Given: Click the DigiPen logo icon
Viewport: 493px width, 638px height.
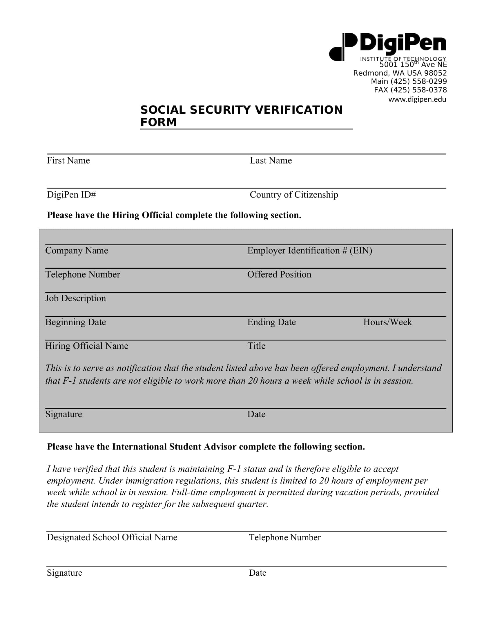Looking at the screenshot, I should [343, 47].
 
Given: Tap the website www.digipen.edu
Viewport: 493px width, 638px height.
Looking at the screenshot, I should [417, 99].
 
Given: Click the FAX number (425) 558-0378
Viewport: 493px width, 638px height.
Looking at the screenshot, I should [410, 90].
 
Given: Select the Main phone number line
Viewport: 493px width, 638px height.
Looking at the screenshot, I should [409, 81].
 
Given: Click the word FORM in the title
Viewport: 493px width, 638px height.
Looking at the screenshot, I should [159, 122].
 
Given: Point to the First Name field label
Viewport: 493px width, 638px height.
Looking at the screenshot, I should [68, 160].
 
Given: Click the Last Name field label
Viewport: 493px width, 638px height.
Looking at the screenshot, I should [271, 160].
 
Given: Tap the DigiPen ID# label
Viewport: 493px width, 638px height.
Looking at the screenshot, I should [71, 195].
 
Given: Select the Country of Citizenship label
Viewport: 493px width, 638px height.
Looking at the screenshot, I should [294, 195].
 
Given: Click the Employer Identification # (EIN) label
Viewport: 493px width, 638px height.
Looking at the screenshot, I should [310, 250].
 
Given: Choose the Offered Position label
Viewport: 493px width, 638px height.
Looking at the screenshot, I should [279, 274].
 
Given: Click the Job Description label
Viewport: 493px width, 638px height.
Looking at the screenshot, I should [75, 298].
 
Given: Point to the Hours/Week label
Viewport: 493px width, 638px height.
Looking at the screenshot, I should [387, 322].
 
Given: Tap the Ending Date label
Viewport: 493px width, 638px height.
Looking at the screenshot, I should [272, 322].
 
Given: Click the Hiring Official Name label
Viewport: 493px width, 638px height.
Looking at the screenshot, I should [87, 346].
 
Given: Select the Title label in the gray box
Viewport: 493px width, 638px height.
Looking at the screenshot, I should [256, 346].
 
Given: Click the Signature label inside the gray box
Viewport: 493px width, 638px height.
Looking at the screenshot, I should [64, 414].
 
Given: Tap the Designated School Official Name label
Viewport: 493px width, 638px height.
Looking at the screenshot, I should [112, 537].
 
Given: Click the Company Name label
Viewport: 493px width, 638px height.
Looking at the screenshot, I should [77, 250].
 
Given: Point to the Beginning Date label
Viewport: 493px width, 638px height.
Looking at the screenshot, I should [75, 322].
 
